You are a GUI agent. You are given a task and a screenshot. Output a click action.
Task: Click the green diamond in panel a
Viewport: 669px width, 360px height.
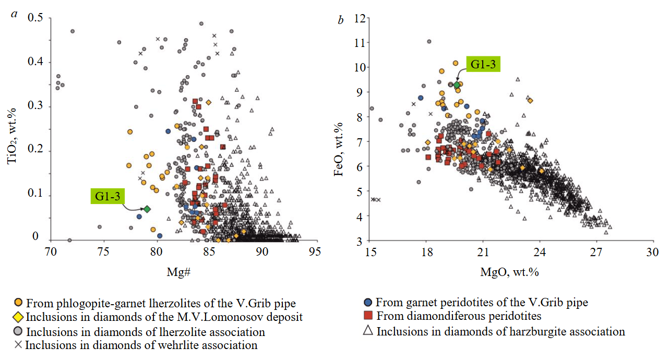[x=147, y=209]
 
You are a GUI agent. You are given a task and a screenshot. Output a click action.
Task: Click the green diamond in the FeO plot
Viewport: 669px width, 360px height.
[x=457, y=85]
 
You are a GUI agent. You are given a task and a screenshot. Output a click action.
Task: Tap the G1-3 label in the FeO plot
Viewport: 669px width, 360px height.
[x=483, y=65]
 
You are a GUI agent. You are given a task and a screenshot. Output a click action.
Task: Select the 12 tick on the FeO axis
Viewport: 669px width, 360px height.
[x=359, y=18]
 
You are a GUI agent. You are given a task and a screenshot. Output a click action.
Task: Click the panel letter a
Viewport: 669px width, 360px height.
[x=15, y=14]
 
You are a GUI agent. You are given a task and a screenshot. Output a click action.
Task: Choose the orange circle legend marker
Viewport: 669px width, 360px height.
[x=18, y=303]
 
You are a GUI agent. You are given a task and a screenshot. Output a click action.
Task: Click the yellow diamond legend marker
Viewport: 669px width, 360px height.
[x=18, y=317]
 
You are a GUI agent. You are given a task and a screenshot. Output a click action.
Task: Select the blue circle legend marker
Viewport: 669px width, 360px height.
[x=368, y=302]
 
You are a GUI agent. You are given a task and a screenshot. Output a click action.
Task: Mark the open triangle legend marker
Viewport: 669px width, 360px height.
[x=368, y=331]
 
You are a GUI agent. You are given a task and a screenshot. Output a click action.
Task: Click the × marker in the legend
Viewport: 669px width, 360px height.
[x=18, y=345]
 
